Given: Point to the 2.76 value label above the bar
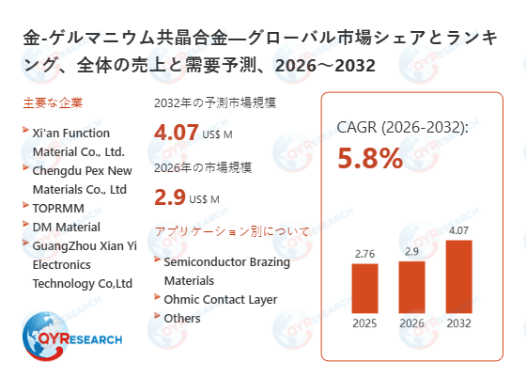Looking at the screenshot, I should click(x=364, y=253).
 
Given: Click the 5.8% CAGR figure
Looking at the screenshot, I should click(x=370, y=158).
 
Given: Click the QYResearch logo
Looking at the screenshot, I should click(x=70, y=337).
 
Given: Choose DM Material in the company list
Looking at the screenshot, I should click(x=67, y=227).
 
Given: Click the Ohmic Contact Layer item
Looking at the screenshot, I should click(x=221, y=299).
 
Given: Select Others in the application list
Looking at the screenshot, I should click(x=182, y=318).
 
